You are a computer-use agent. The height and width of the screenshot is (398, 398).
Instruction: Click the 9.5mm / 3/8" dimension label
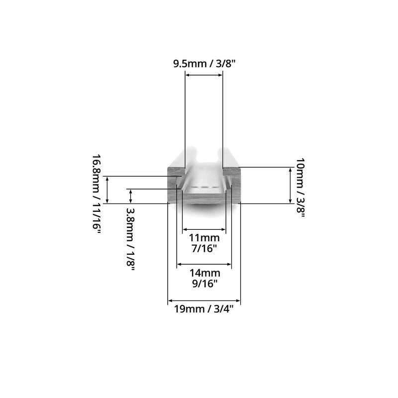coord(205,64)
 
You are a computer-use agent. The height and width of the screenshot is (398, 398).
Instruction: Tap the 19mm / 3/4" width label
coord(203,309)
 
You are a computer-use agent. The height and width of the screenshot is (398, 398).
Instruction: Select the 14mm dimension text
coord(205,273)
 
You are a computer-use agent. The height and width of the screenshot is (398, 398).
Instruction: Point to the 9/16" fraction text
coord(205,284)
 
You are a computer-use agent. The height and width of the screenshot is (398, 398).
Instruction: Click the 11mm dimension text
coord(204,238)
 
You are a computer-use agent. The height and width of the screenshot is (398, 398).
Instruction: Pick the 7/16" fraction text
coord(204,248)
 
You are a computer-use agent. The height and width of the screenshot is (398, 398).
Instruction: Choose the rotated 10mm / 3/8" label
coord(300,188)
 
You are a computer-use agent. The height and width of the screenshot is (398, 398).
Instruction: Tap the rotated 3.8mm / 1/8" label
coord(130,239)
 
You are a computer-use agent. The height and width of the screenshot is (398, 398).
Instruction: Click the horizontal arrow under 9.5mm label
coord(204,75)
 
